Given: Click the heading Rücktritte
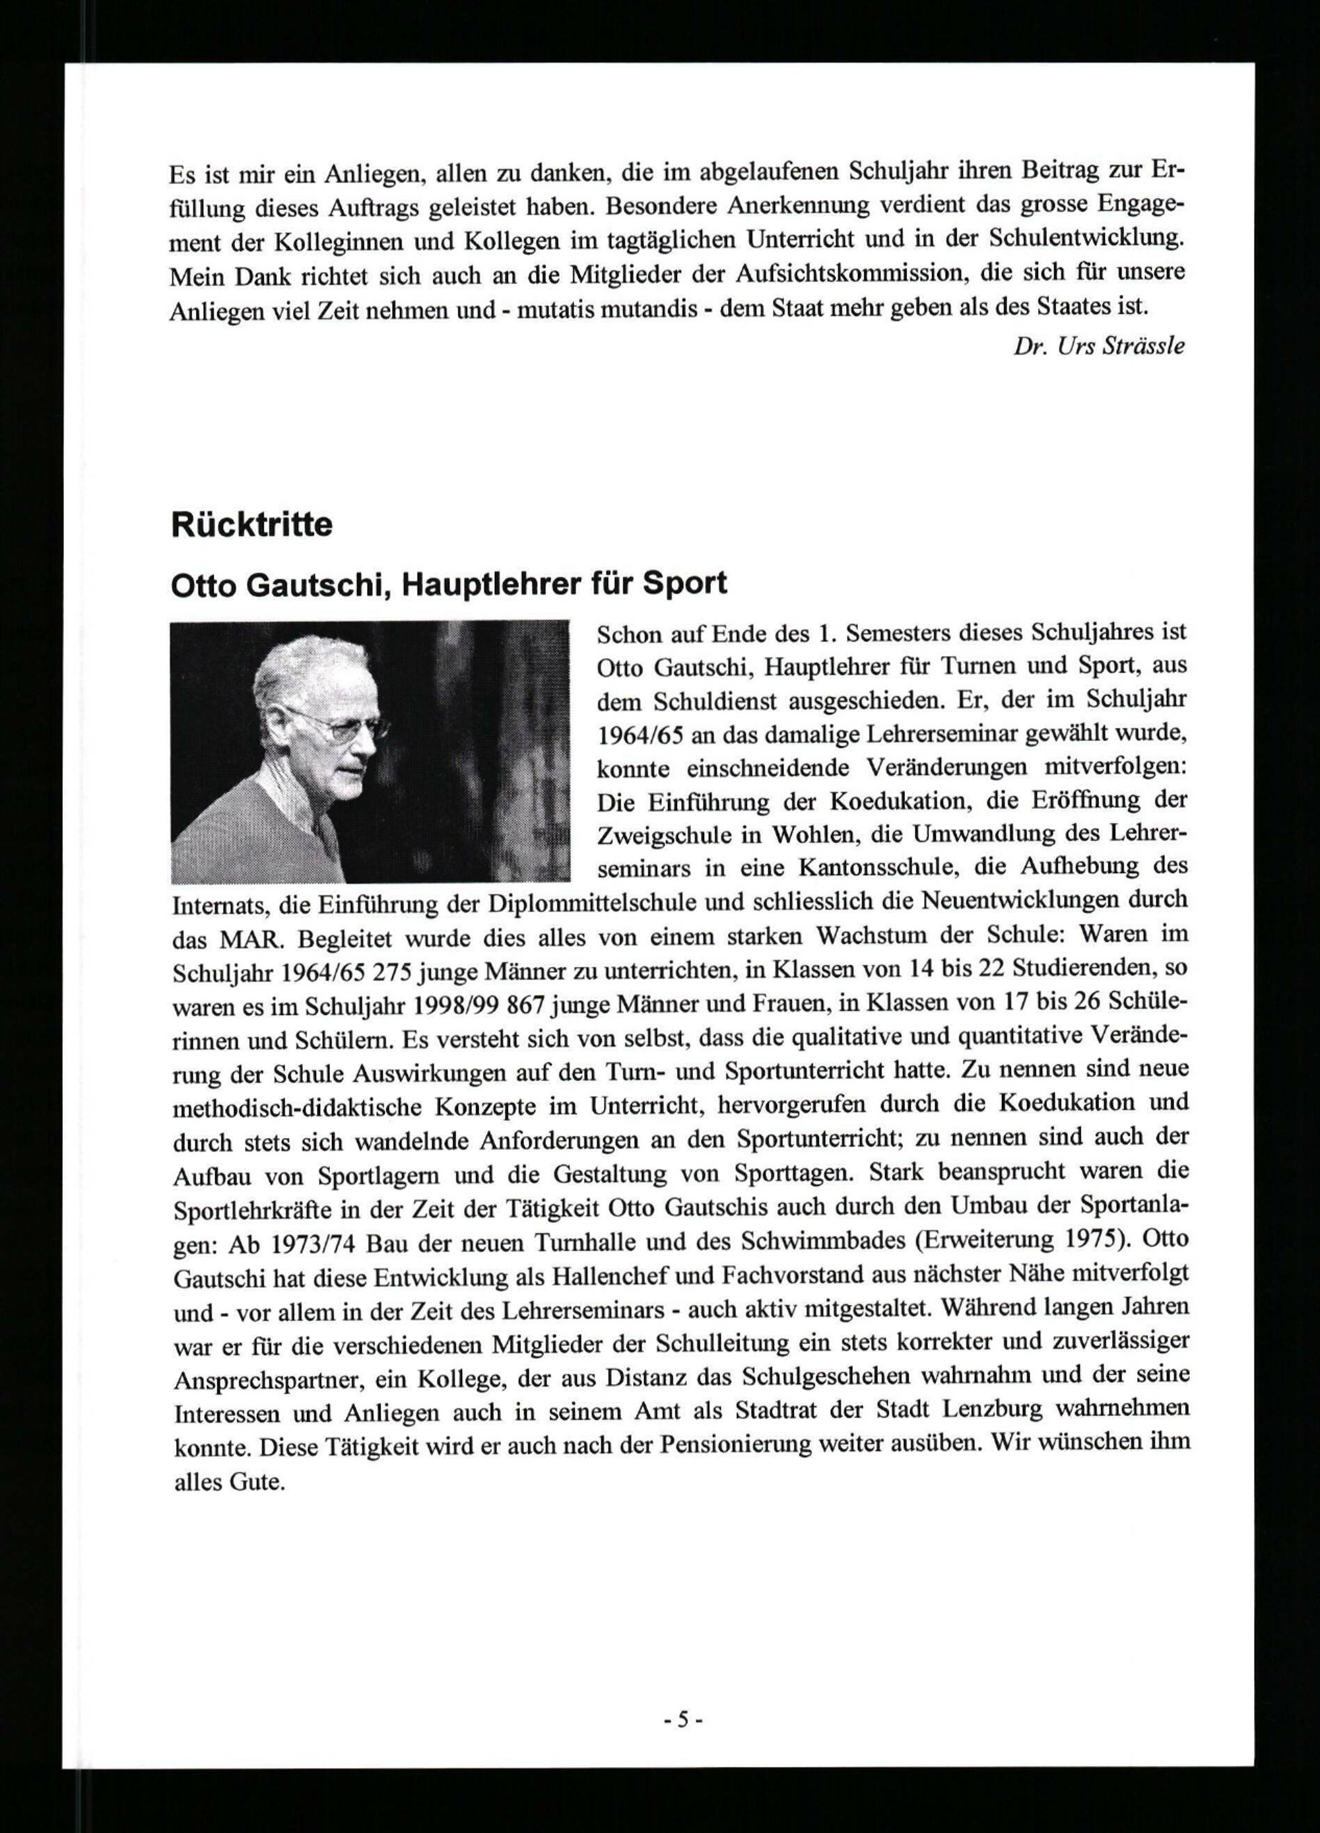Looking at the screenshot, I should [x=251, y=525].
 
